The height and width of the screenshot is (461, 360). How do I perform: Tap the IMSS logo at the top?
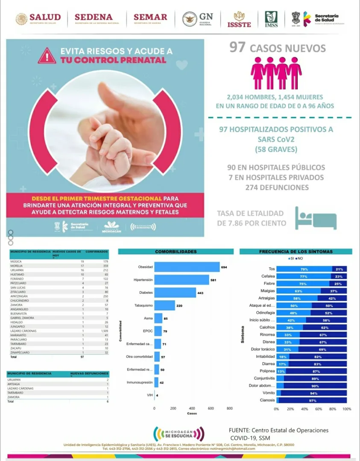271,19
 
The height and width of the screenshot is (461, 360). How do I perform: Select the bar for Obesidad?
187,267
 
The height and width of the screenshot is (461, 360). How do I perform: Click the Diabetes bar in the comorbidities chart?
175,292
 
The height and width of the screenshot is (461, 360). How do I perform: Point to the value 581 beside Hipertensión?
212,280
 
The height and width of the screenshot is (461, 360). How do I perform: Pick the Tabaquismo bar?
164,305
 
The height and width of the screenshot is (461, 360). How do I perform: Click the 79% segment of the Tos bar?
304,269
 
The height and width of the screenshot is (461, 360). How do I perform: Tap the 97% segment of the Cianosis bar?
313,400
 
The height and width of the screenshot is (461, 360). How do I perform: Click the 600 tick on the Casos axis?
211,408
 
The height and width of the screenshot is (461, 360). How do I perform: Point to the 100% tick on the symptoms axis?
347,409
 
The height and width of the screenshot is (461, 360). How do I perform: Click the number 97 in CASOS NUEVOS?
237,47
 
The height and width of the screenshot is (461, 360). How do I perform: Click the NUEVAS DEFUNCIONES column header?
89,373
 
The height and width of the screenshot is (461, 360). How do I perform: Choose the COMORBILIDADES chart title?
176,252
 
